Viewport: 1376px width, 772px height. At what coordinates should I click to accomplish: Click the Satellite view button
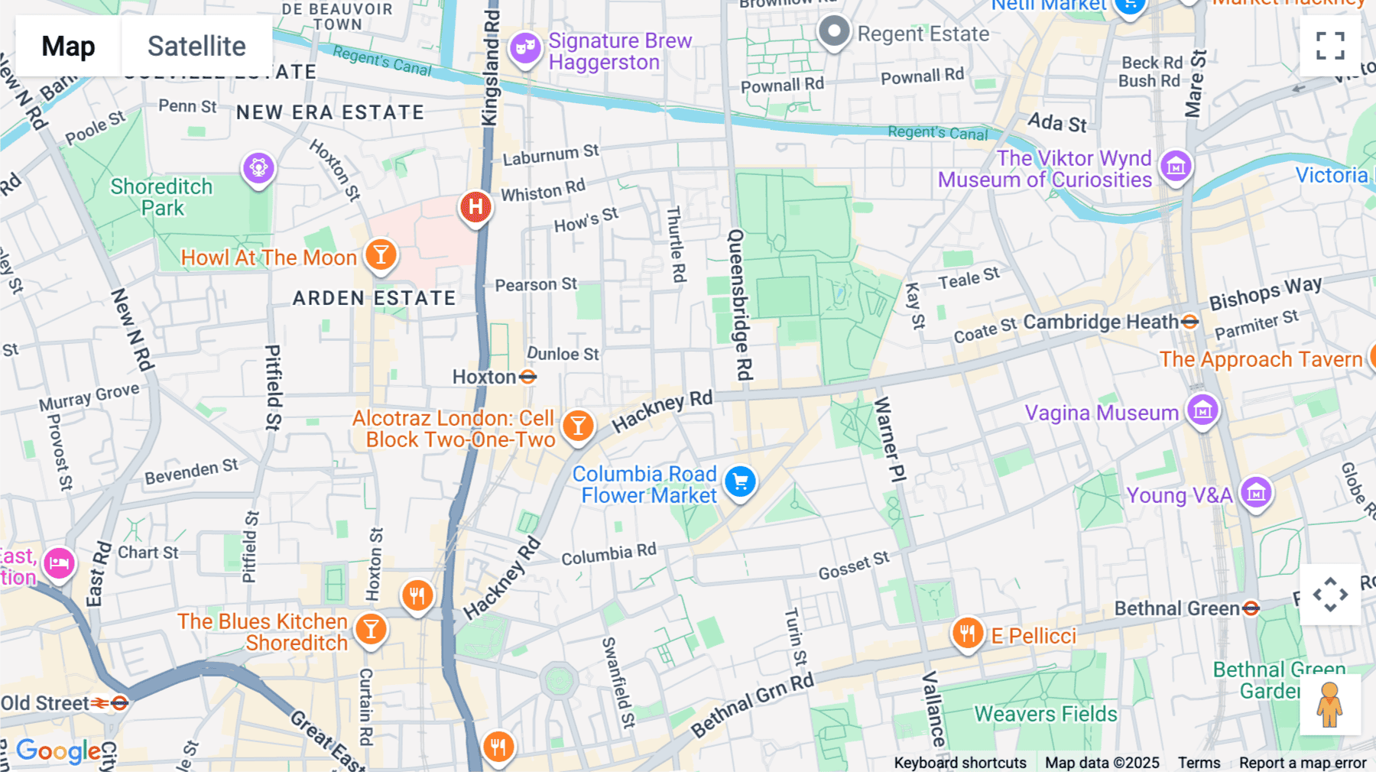click(x=196, y=47)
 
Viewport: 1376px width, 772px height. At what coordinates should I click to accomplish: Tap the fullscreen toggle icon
click(x=1330, y=46)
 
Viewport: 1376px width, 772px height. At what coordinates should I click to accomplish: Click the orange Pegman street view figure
click(x=1329, y=705)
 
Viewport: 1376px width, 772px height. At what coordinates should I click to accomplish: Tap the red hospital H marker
click(x=475, y=206)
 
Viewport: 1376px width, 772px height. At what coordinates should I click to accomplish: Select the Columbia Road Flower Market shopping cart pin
click(x=740, y=482)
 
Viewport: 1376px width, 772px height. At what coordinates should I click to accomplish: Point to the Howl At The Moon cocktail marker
click(x=381, y=255)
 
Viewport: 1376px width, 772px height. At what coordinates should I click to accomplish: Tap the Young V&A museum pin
click(x=1256, y=493)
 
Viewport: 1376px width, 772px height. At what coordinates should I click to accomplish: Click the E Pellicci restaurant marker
click(x=967, y=634)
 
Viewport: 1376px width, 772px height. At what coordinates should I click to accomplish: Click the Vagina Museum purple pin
click(x=1202, y=410)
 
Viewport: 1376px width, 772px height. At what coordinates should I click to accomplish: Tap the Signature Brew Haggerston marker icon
click(x=525, y=48)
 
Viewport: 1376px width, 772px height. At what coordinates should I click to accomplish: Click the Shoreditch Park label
click(x=161, y=197)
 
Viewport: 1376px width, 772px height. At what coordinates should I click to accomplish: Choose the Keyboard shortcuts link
click(x=959, y=763)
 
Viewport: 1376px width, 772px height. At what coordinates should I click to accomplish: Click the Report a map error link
click(x=1302, y=763)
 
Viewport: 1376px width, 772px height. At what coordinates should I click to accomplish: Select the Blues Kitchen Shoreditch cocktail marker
click(x=371, y=630)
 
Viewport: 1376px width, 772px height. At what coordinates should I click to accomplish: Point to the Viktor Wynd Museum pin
click(x=1176, y=166)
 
